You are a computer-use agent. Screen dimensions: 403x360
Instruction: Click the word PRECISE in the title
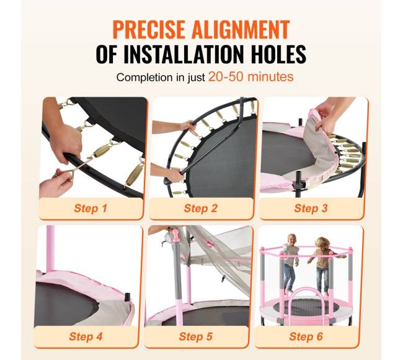(149, 30)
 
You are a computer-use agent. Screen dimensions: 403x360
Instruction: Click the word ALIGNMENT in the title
(241, 30)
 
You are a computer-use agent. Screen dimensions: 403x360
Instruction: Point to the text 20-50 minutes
(251, 77)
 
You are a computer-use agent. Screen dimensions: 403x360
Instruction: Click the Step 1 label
(91, 208)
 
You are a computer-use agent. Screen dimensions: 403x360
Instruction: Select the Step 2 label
(201, 208)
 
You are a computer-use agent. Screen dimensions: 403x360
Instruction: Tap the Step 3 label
(311, 208)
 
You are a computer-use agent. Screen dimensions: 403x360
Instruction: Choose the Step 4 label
(86, 336)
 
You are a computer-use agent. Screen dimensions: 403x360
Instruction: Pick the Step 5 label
(196, 336)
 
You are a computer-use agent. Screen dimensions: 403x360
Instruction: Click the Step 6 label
(306, 336)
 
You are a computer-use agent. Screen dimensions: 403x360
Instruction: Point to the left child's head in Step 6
(291, 239)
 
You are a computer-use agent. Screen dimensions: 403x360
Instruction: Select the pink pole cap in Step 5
(175, 234)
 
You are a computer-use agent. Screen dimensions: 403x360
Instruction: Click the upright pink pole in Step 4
(50, 248)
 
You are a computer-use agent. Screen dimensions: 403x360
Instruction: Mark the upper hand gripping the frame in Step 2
(189, 126)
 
